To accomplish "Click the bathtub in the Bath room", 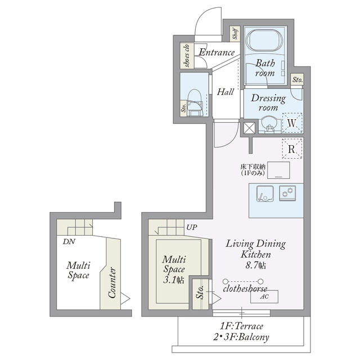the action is (x=265, y=40).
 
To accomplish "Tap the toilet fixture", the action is (x=195, y=102).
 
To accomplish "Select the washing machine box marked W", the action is (x=292, y=123).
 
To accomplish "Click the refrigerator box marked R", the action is (x=292, y=148).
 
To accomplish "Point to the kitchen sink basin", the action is (x=265, y=193).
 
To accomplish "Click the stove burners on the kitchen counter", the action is (x=287, y=193).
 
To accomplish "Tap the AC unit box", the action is (x=264, y=296).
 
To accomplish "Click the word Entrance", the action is (x=217, y=52).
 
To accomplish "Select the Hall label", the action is (x=225, y=92).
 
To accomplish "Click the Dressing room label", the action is (x=268, y=102).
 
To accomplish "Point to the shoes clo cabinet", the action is (x=187, y=56).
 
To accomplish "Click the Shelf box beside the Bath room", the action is (x=235, y=34).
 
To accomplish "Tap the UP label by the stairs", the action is (x=191, y=227).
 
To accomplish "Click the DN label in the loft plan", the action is (x=69, y=241).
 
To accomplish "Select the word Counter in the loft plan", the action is (x=112, y=282).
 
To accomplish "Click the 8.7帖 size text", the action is (x=255, y=265).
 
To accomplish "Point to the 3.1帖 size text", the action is (x=174, y=280).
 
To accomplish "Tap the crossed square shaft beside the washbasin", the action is (x=249, y=128).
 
